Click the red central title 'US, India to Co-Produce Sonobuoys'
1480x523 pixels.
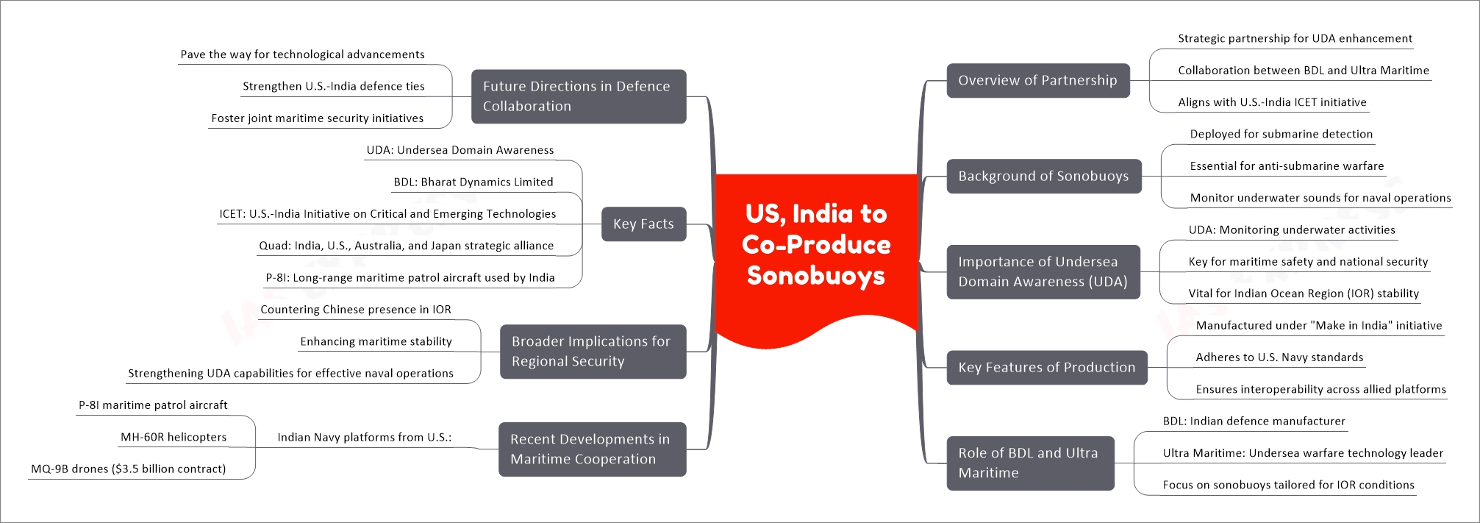click(816, 245)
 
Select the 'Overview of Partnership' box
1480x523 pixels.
click(1037, 80)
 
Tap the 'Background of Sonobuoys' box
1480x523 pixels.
click(1043, 176)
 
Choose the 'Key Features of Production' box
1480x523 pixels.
click(1046, 367)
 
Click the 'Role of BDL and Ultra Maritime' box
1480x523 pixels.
click(1030, 463)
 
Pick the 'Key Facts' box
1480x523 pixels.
click(643, 224)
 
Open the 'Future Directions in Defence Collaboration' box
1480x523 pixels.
click(579, 96)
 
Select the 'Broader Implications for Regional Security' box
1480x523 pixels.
click(593, 352)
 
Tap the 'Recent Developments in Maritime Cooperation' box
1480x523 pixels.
click(592, 449)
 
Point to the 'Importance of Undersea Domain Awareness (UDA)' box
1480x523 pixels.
click(1043, 271)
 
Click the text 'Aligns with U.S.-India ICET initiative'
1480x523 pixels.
click(1272, 102)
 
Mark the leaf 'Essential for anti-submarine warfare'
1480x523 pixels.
click(1287, 166)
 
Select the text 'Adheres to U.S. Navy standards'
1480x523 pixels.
click(1279, 357)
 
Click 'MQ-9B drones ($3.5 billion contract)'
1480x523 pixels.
click(129, 469)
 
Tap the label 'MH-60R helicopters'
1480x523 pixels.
click(174, 437)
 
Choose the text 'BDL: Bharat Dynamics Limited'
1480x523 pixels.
click(473, 182)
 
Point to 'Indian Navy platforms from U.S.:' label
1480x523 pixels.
click(365, 437)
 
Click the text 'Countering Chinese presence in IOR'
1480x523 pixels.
click(356, 310)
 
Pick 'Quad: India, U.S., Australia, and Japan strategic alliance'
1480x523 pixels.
click(407, 246)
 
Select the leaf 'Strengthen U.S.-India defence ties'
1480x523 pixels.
click(334, 86)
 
